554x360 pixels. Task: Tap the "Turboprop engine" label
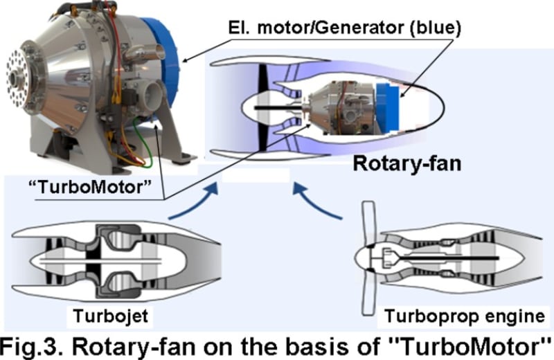click(464, 316)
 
